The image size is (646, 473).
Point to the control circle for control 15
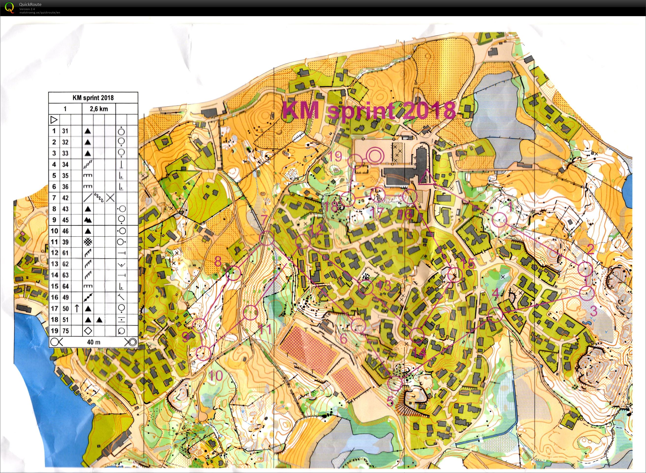455,275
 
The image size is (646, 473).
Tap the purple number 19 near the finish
335,157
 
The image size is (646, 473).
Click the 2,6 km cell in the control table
99,109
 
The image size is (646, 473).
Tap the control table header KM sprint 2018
93,98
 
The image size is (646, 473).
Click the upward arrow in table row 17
76,308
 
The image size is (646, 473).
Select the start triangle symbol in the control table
54,120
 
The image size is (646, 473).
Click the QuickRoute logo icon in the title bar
9,7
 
